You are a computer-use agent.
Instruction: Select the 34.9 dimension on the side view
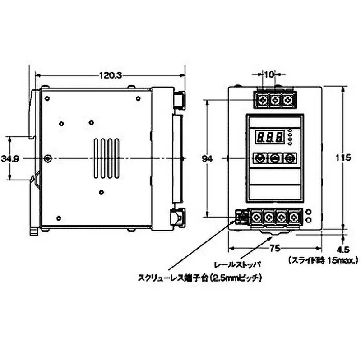pos(9,158)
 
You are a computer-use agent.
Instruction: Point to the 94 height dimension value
pos(208,159)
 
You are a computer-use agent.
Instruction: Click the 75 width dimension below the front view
pos(275,248)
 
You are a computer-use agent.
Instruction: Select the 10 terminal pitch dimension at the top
pos(269,74)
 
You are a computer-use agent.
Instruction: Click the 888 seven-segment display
pos(269,137)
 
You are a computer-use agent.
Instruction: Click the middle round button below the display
pos(274,158)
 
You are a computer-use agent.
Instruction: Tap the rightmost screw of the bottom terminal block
pos(295,217)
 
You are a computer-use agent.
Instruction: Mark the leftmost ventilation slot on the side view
pos(96,158)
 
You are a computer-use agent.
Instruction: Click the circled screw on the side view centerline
pos(48,158)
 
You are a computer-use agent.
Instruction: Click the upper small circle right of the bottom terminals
pos(309,212)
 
